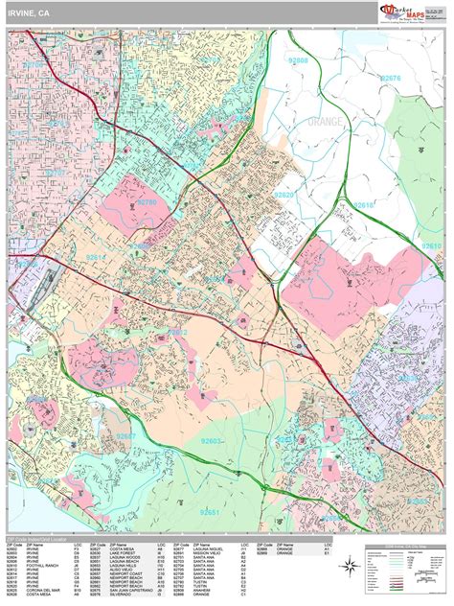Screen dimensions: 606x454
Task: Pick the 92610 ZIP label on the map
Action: point(432,247)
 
